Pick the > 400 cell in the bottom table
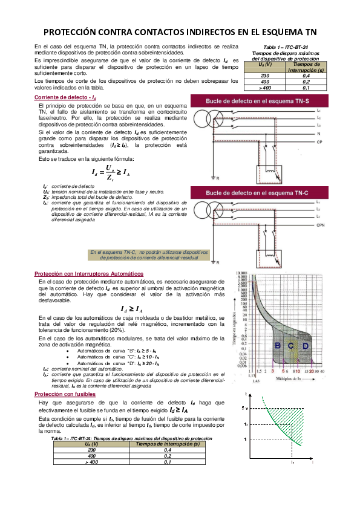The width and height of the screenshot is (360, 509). [x=92, y=462]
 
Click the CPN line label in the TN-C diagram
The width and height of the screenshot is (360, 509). [x=321, y=224]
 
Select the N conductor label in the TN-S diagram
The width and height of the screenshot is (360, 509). [x=319, y=132]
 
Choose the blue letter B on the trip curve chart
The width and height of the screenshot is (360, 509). [x=278, y=345]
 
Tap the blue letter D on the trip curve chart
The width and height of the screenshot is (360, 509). [x=306, y=345]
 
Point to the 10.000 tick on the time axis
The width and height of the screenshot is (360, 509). [x=242, y=273]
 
